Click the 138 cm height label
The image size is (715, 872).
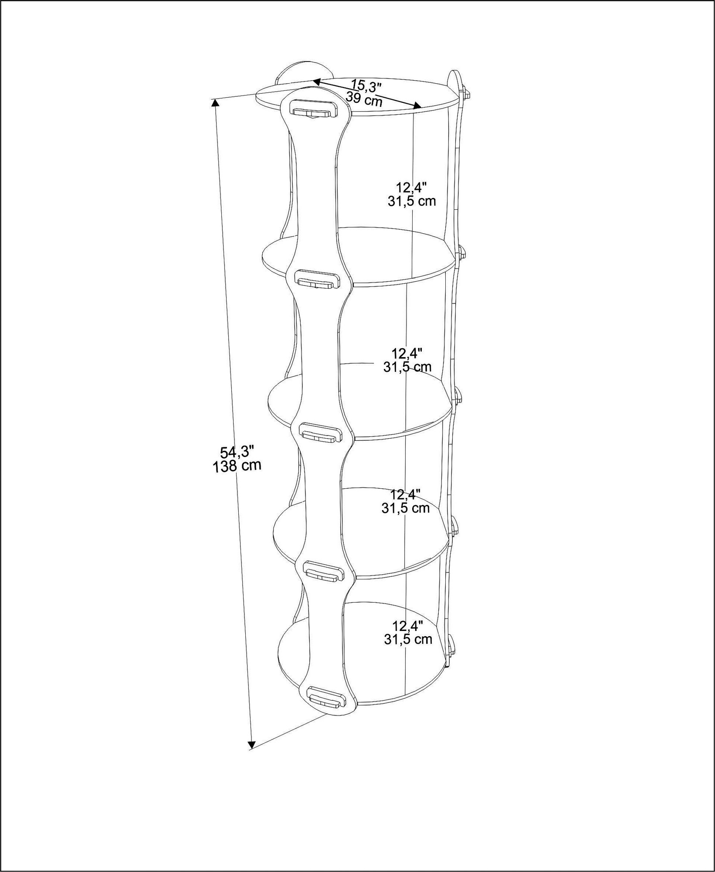pyautogui.click(x=237, y=466)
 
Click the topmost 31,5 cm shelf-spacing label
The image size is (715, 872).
pyautogui.click(x=411, y=201)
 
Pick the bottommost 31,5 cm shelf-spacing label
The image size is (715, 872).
pyautogui.click(x=408, y=639)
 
